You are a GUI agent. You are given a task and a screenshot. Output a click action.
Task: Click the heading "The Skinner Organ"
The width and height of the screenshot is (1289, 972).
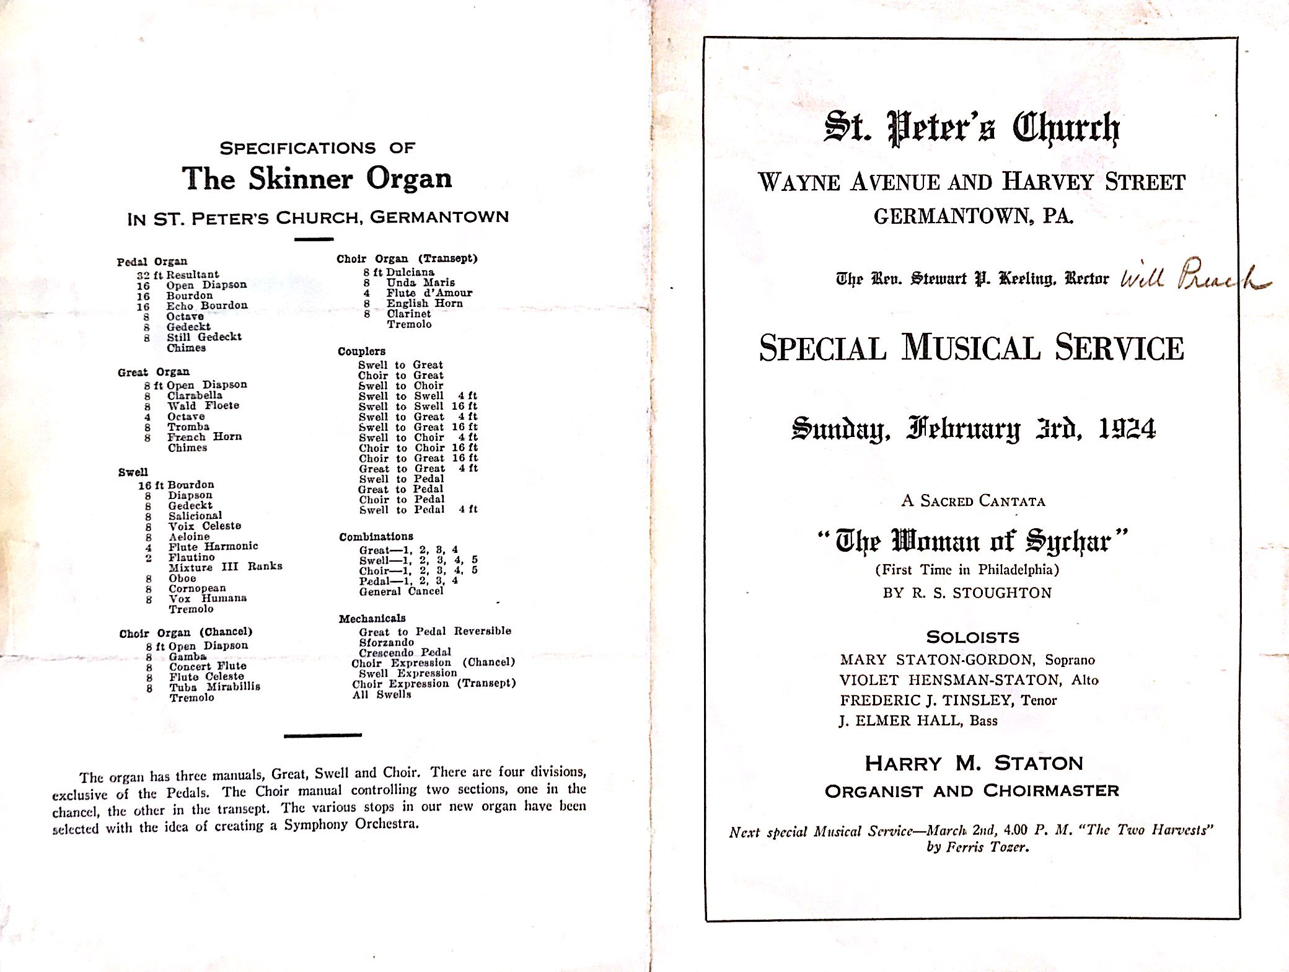(x=317, y=179)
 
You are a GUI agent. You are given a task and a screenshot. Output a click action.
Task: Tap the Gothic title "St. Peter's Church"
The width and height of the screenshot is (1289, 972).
(x=971, y=128)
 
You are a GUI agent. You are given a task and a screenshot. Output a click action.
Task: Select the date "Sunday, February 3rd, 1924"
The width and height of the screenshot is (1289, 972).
(x=973, y=428)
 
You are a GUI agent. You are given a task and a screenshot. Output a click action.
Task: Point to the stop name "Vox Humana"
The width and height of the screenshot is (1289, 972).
(x=208, y=598)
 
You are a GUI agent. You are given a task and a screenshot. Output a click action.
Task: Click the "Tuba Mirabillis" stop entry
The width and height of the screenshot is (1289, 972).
(x=214, y=687)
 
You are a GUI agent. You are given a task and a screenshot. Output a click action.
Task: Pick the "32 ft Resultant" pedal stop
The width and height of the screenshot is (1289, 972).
(x=178, y=274)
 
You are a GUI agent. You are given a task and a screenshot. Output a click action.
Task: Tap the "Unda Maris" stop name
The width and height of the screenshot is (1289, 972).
(x=420, y=283)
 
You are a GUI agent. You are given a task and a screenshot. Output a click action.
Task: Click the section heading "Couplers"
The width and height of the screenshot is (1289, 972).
(x=361, y=351)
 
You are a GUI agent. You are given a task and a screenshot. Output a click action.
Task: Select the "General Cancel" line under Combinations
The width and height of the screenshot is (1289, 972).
(x=401, y=591)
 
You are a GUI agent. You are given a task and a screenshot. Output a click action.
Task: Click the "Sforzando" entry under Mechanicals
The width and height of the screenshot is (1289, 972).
(x=386, y=642)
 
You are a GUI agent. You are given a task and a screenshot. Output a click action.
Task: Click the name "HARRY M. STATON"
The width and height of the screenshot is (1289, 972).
(x=974, y=763)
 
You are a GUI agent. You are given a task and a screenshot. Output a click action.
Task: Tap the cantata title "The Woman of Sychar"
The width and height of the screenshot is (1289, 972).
(x=973, y=541)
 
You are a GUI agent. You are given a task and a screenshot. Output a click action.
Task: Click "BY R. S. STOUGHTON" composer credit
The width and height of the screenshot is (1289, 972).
(x=967, y=593)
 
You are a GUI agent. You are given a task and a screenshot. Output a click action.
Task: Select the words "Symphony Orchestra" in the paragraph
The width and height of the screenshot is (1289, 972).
(x=351, y=824)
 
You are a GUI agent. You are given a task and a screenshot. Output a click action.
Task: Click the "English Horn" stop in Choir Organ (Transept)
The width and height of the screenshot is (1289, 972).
(x=425, y=304)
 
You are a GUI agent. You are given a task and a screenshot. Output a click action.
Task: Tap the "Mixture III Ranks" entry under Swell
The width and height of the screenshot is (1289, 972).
(x=225, y=567)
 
